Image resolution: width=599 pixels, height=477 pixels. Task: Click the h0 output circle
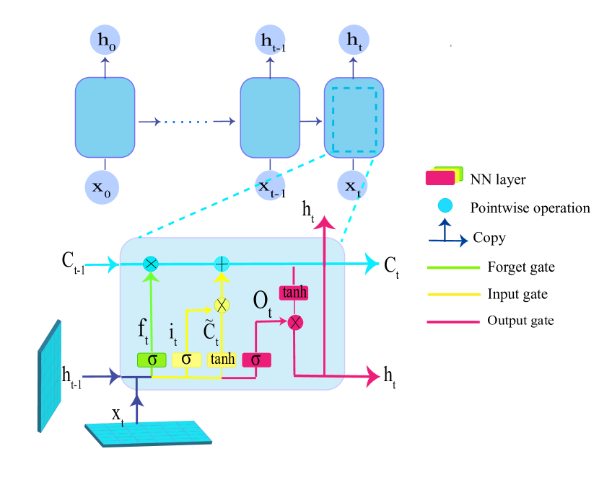pos(105,40)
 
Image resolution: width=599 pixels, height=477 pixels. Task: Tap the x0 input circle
pos(102,187)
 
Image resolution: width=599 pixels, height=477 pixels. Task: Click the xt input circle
pos(352,186)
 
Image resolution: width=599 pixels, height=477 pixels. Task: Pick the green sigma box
pos(152,360)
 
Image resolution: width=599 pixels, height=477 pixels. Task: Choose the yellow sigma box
pos(186,360)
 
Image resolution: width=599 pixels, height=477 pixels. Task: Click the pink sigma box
pos(256,360)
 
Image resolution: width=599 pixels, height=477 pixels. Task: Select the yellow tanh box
pos(222,360)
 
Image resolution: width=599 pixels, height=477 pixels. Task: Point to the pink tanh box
pos(294,293)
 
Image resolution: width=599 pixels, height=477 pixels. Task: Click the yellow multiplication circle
pos(222,305)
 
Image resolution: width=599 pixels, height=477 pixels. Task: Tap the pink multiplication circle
pos(295,322)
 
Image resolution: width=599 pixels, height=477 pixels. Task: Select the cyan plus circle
pos(222,264)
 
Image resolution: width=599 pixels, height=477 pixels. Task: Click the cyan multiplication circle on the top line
pos(151,264)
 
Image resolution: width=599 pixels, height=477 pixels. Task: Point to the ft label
pos(144,329)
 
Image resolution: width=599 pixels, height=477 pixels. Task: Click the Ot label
pos(262,302)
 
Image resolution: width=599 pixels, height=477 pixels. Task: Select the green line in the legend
pos(453,268)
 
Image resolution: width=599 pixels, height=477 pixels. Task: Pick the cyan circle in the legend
pos(445,206)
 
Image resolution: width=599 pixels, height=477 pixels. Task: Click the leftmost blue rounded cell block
pos(105,117)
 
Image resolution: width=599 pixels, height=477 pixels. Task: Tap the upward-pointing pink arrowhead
pos(324,223)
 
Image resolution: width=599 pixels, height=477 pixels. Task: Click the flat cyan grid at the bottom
pos(148,432)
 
